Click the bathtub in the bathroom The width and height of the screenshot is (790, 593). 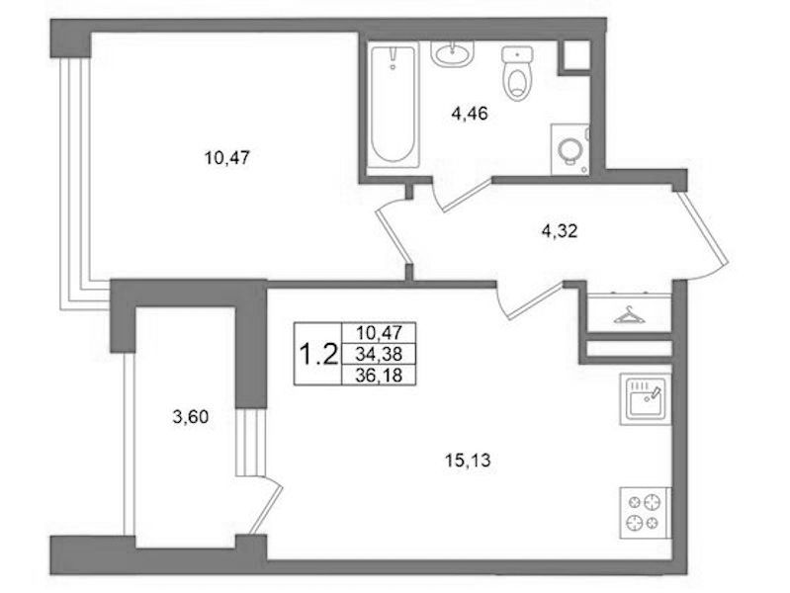[x=393, y=105]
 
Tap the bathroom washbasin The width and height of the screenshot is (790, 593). [x=453, y=53]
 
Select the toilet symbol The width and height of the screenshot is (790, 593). [x=517, y=73]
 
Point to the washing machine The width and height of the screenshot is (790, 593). [x=571, y=149]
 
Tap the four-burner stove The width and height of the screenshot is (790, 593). [x=645, y=512]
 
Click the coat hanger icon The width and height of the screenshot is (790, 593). [x=629, y=315]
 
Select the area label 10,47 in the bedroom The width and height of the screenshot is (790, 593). [x=226, y=158]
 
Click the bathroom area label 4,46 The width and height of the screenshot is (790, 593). [x=470, y=114]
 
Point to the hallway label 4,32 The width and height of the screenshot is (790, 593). [x=560, y=231]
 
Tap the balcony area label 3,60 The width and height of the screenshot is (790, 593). [x=191, y=417]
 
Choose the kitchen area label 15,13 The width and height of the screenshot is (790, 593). [x=468, y=460]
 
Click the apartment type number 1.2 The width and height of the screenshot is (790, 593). [x=318, y=354]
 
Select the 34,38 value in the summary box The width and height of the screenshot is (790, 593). [x=379, y=354]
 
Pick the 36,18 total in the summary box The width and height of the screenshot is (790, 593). [x=379, y=376]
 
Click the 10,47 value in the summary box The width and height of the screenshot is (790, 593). [x=379, y=332]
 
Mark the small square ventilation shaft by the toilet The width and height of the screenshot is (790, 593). [x=575, y=55]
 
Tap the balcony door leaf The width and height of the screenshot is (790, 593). [x=266, y=506]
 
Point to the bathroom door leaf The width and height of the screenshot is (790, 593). [x=466, y=195]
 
